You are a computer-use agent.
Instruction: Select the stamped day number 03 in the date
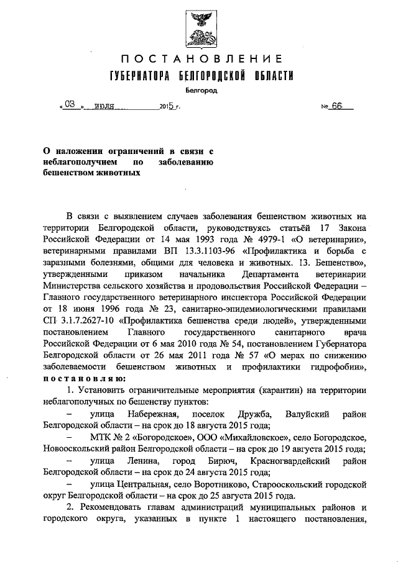coord(70,106)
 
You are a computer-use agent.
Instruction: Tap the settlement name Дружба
coord(255,414)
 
